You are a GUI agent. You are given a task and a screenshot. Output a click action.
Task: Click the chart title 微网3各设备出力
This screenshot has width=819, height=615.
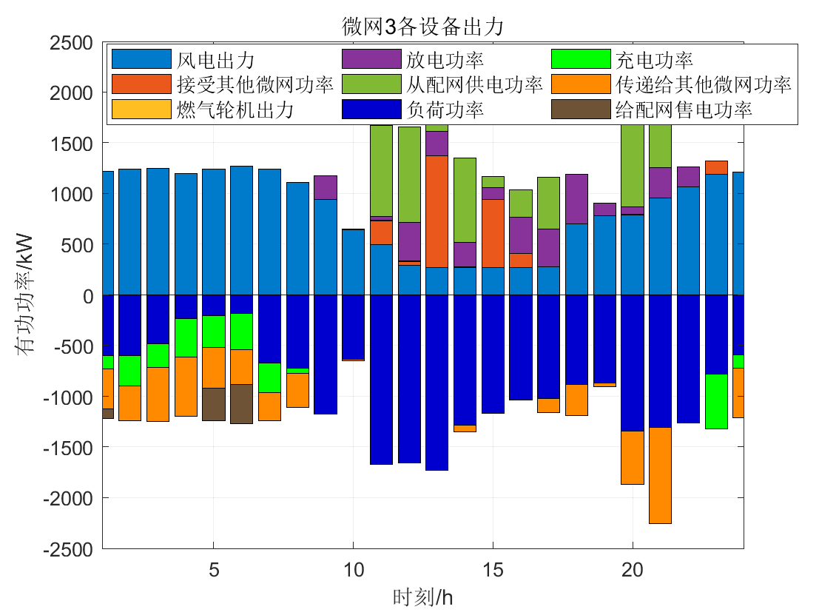pyautogui.click(x=422, y=27)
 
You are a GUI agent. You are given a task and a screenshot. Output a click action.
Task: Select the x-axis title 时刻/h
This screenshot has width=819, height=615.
pyautogui.click(x=422, y=597)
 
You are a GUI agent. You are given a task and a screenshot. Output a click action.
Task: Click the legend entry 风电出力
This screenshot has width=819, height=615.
pyautogui.click(x=215, y=59)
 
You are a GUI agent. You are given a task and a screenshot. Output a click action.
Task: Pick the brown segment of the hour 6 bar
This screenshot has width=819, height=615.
pyautogui.click(x=241, y=403)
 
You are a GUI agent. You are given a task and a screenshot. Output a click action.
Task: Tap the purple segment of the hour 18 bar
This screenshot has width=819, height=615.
pyautogui.click(x=576, y=199)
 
